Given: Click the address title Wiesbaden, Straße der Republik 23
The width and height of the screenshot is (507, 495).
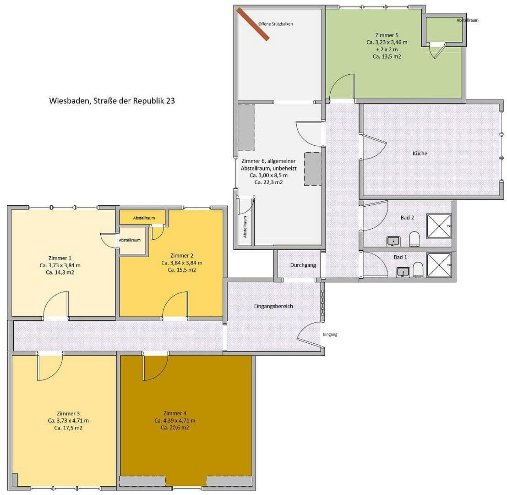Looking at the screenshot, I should (112, 101).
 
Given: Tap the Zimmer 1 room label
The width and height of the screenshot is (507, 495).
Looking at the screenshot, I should (60, 258).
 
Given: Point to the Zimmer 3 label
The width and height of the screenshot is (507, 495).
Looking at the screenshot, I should (68, 413).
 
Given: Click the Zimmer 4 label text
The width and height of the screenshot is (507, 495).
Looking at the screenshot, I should (174, 413).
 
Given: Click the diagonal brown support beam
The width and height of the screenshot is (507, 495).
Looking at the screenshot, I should (253, 24).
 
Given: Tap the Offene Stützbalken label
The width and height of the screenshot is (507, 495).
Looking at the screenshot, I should (275, 24).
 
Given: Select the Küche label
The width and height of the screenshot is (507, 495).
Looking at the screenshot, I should (420, 153).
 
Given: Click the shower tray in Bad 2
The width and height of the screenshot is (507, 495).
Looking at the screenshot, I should (439, 226).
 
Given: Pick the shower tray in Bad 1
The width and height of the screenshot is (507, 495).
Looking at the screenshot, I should (439, 265).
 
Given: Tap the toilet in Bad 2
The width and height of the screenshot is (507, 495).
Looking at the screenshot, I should (414, 239).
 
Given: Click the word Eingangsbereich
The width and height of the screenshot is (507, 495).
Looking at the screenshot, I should (273, 306).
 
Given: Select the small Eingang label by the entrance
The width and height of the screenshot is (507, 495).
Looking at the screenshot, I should (330, 335).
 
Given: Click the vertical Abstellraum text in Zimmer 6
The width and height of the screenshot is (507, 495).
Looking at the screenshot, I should (245, 227).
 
